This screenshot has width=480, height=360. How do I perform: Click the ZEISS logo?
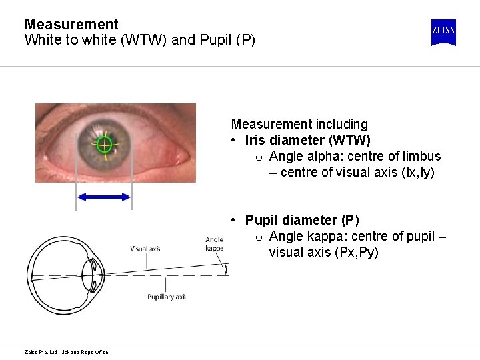coord(443,32)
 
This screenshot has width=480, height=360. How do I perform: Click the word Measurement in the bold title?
coord(71,25)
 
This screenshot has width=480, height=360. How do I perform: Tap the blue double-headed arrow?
coord(104,197)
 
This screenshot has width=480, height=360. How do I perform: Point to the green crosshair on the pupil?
coord(105,144)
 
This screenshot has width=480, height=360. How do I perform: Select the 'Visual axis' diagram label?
coord(145,249)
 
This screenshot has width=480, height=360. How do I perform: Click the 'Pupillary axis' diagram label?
coord(166,297)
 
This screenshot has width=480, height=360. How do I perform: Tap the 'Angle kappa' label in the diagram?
coord(214,243)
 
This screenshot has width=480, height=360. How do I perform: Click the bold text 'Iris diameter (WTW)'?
coord(307,140)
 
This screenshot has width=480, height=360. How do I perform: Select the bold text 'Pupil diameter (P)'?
coord(301,220)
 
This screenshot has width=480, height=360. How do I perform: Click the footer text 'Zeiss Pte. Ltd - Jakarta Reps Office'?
coord(66,352)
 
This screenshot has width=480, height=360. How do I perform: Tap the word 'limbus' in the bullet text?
coord(421,156)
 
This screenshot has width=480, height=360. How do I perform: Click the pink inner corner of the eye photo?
coord(179,156)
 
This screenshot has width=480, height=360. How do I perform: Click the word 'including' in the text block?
coord(343,124)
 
